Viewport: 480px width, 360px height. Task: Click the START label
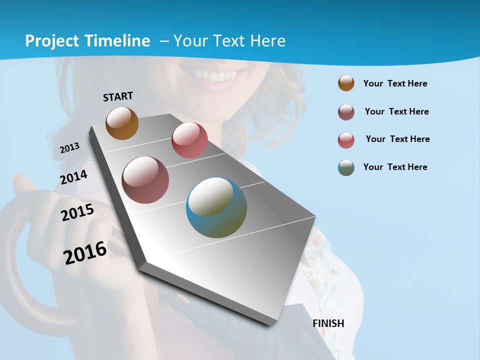118,96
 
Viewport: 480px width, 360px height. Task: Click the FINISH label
328,323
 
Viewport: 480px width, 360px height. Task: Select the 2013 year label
70,147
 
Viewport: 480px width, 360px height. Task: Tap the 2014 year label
73,177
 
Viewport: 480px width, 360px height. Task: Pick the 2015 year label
77,212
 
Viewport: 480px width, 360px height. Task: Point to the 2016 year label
85,252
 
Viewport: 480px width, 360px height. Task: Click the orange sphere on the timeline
122,123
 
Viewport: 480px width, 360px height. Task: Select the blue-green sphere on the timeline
216,207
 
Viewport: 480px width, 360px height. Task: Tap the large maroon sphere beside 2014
145,180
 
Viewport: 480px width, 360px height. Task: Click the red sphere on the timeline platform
189,140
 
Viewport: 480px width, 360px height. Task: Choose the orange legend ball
346,83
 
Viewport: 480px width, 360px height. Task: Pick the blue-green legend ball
346,167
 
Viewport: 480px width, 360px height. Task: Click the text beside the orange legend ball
395,83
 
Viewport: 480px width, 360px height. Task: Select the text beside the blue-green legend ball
395,167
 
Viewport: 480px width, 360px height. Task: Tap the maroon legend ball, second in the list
346,112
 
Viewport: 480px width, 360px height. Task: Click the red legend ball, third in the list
346,140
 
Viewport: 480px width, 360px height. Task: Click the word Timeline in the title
119,41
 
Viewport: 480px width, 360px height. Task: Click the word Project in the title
52,41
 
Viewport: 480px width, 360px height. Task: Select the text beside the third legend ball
397,139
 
